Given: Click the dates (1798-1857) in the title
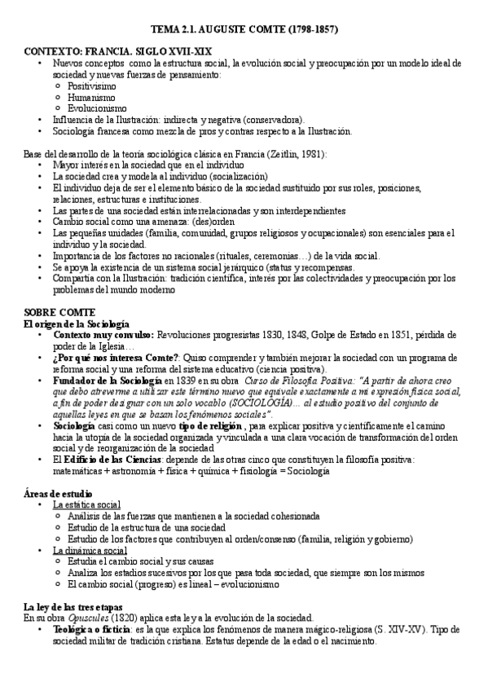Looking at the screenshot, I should coord(306,29).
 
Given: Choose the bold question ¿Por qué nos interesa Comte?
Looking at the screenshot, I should coord(115,358).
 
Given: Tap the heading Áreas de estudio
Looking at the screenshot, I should coord(57,494).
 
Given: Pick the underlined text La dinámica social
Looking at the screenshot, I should coord(89,550).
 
